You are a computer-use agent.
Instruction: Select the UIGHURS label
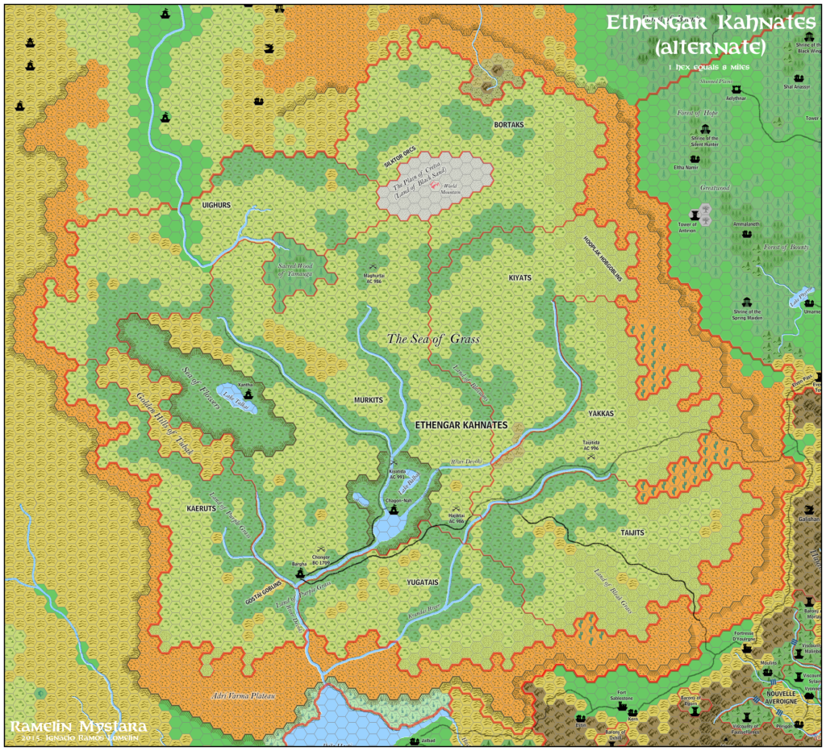pyautogui.click(x=216, y=206)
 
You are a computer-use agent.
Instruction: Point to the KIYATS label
pyautogui.click(x=520, y=277)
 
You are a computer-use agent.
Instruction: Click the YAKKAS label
pyautogui.click(x=601, y=413)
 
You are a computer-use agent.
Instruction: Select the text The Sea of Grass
pyautogui.click(x=433, y=340)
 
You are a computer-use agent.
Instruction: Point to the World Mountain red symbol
pyautogui.click(x=436, y=187)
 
